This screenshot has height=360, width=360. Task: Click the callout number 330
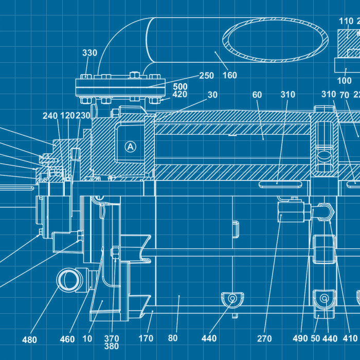[x=89, y=53]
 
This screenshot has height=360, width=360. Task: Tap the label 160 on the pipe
[x=229, y=75]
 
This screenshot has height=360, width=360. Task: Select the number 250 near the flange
[x=206, y=76]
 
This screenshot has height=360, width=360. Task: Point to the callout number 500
[x=180, y=86]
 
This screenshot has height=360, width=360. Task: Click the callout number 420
[x=179, y=94]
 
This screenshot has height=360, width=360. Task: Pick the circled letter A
[x=130, y=147]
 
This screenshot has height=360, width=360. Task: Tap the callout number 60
[x=257, y=94]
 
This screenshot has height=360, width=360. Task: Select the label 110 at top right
[x=346, y=21]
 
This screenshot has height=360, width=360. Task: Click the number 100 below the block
[x=344, y=81]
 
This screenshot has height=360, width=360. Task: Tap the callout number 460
[x=67, y=339]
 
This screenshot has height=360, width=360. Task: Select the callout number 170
[x=146, y=338]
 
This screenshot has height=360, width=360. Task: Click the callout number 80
[x=173, y=338]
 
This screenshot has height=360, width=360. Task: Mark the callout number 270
[x=264, y=338]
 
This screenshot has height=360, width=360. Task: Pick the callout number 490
[x=300, y=338]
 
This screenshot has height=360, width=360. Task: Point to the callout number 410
[x=350, y=338]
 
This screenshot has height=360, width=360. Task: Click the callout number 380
[x=112, y=346]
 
